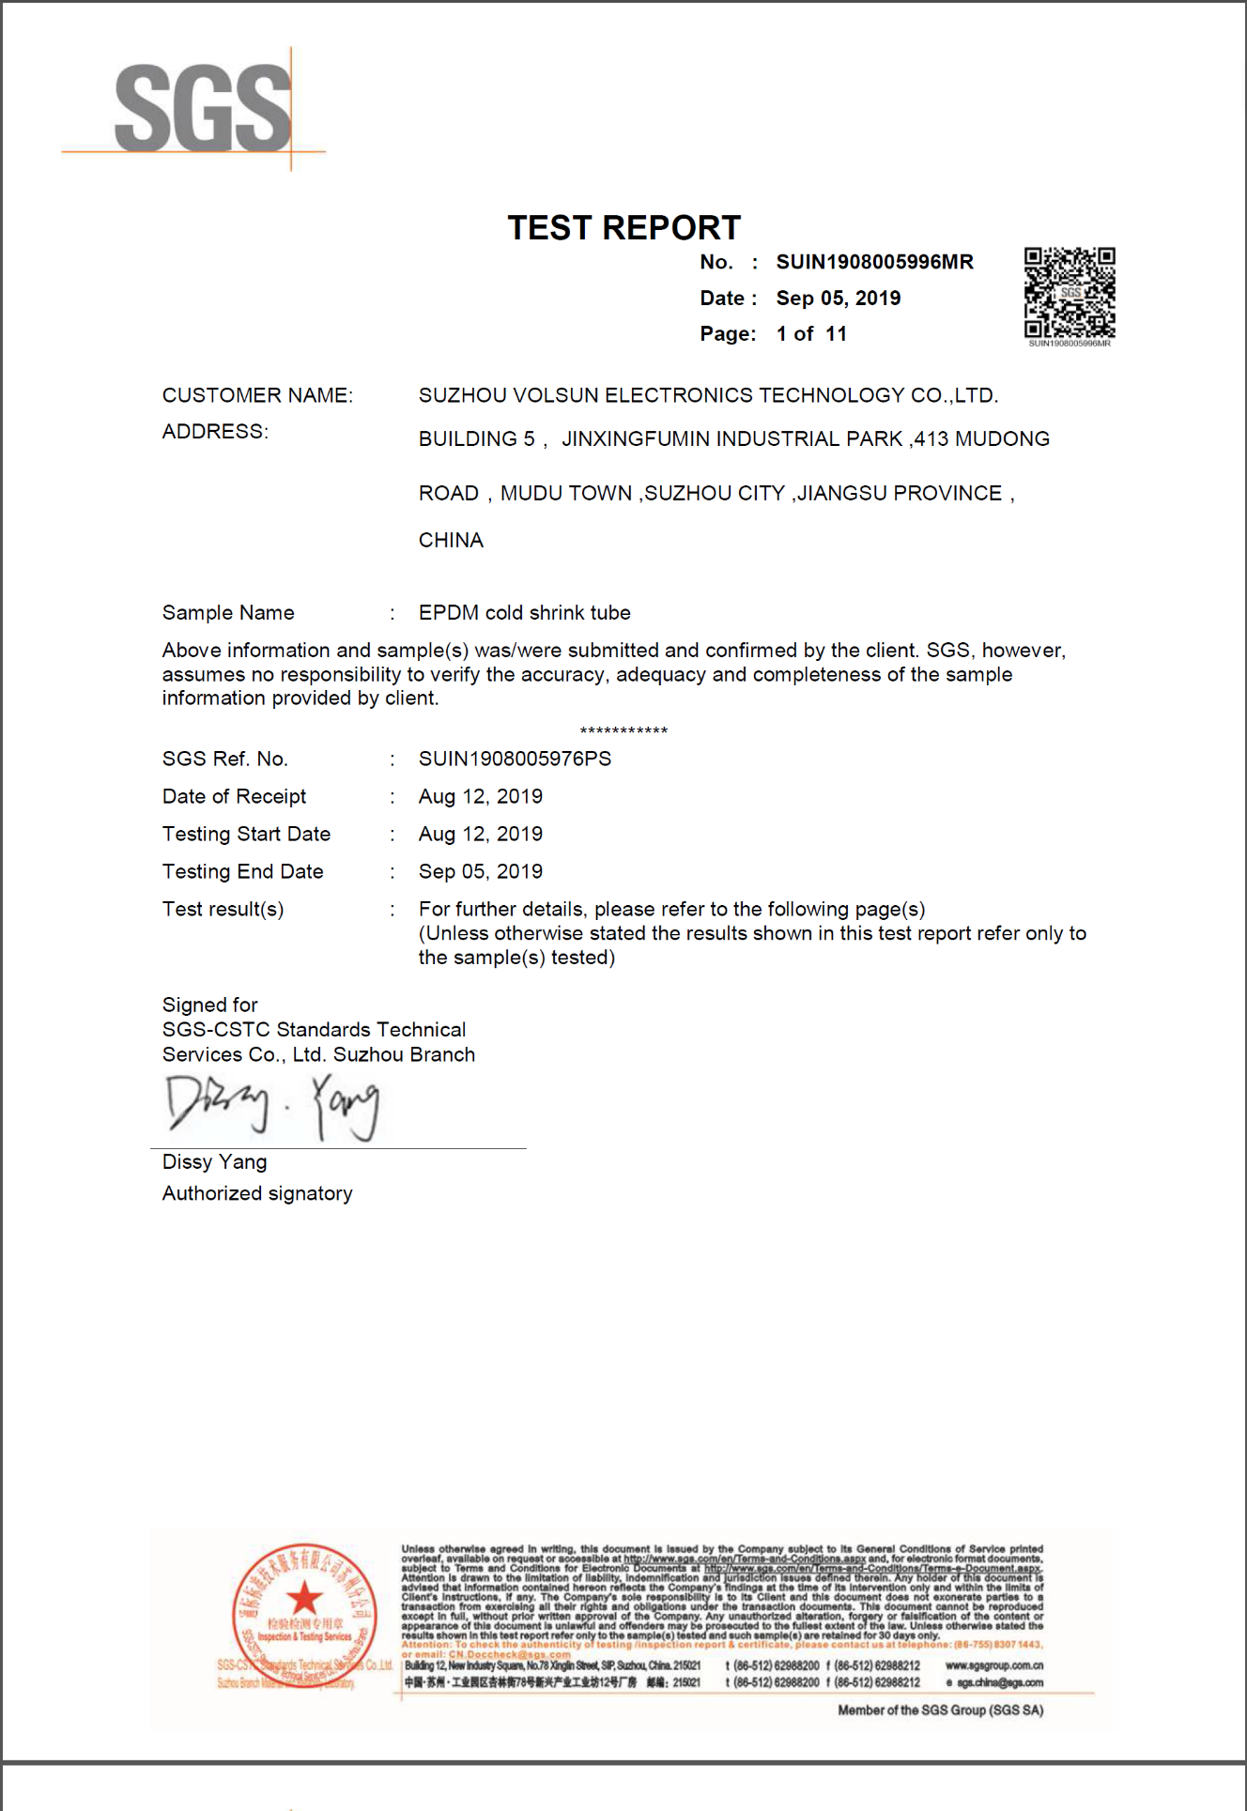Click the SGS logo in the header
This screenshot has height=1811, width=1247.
pyautogui.click(x=203, y=109)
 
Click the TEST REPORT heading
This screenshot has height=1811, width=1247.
pyautogui.click(x=623, y=228)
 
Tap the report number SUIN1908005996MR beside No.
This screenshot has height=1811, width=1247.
pyautogui.click(x=874, y=262)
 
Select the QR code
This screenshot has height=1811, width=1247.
pyautogui.click(x=1070, y=293)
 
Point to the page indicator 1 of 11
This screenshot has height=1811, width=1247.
pyautogui.click(x=811, y=334)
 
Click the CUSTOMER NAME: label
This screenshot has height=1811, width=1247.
pyautogui.click(x=257, y=395)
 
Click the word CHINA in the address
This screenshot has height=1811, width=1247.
pyautogui.click(x=451, y=541)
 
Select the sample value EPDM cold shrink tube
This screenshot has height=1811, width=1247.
pyautogui.click(x=524, y=613)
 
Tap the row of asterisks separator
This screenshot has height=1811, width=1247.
pyautogui.click(x=623, y=730)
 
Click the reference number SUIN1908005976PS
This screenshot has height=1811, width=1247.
pyautogui.click(x=515, y=759)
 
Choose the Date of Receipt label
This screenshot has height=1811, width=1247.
pyautogui.click(x=234, y=797)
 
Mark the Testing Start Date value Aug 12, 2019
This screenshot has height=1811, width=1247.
pyautogui.click(x=480, y=835)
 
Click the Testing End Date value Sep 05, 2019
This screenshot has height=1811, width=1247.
pyautogui.click(x=480, y=872)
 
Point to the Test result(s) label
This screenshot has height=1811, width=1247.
pyautogui.click(x=223, y=910)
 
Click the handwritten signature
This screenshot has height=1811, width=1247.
pyautogui.click(x=272, y=1106)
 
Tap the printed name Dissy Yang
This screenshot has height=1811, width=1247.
pyautogui.click(x=214, y=1162)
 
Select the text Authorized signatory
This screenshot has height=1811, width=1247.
pyautogui.click(x=257, y=1194)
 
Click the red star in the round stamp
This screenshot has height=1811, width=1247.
pyautogui.click(x=304, y=1596)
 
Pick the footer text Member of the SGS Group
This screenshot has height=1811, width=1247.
pyautogui.click(x=940, y=1711)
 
